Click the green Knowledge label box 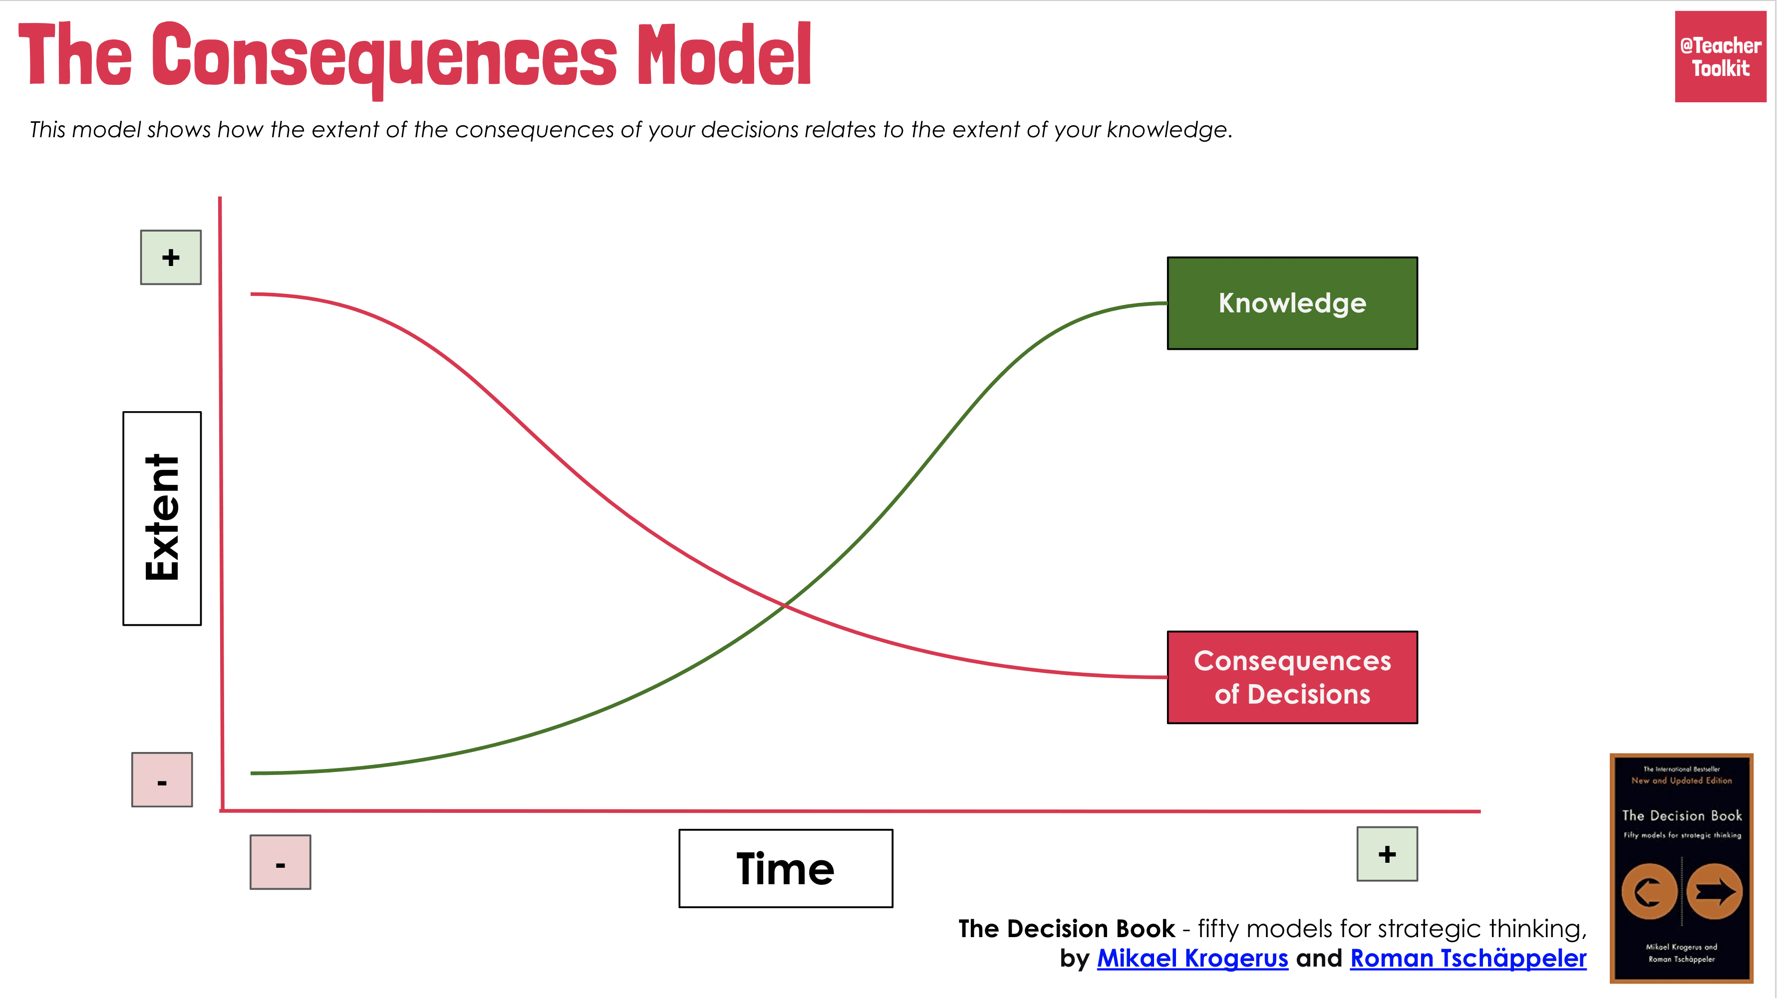[x=1291, y=303]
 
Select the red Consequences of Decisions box [x=1291, y=677]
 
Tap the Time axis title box [x=785, y=868]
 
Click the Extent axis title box [x=162, y=518]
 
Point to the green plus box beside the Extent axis [x=170, y=257]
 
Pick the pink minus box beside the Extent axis [x=162, y=779]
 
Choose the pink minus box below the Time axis [x=280, y=862]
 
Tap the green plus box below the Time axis [x=1387, y=854]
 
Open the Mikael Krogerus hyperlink [x=1192, y=958]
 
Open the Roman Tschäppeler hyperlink [x=1468, y=958]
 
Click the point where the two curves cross [x=785, y=605]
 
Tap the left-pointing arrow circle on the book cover [x=1649, y=892]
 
